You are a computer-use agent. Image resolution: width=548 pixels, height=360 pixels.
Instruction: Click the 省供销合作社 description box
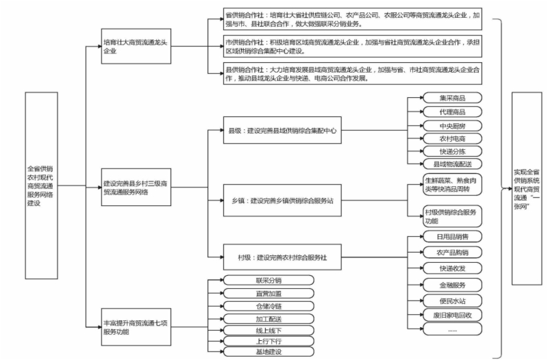(353, 18)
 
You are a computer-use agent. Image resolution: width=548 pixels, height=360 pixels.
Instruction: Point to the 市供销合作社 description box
(353, 46)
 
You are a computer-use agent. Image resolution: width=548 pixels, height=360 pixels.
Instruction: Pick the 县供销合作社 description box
(353, 74)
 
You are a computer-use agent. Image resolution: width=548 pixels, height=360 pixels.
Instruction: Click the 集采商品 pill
(452, 98)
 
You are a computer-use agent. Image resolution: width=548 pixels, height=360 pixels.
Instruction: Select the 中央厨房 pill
(452, 126)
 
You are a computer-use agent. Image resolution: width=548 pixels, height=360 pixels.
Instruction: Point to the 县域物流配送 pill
(452, 164)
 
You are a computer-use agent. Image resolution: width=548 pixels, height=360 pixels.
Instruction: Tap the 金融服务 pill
(452, 284)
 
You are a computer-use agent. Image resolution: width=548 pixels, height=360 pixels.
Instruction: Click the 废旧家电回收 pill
(452, 314)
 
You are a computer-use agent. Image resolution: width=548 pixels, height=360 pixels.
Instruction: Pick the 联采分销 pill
(268, 280)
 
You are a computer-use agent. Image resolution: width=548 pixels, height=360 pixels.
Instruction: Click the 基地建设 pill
(268, 352)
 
